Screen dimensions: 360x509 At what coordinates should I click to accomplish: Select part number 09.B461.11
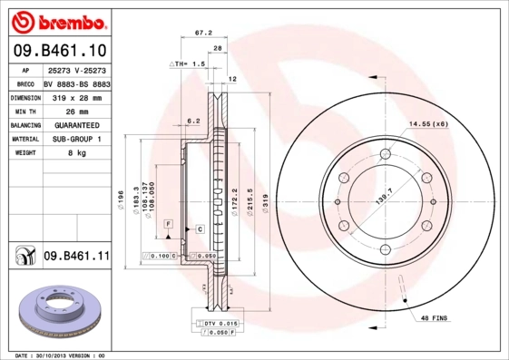(x=76, y=258)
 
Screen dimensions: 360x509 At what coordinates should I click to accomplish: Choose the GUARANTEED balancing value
(x=75, y=124)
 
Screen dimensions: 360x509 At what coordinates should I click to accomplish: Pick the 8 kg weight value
(x=76, y=153)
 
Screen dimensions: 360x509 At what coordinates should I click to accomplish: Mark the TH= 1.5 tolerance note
(x=188, y=65)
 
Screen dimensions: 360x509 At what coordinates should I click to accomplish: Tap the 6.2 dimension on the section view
(x=192, y=121)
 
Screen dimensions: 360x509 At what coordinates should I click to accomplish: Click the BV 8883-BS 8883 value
(x=76, y=82)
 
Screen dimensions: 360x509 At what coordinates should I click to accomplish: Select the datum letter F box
(x=167, y=222)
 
